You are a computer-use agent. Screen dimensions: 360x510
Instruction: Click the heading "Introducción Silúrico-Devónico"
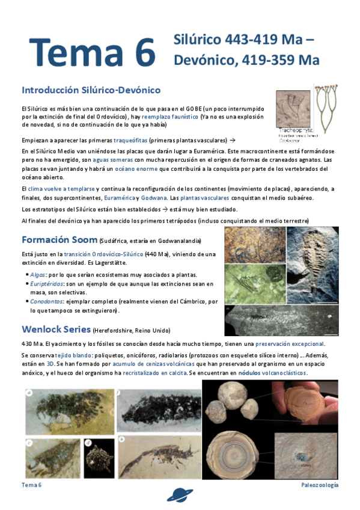(91, 90)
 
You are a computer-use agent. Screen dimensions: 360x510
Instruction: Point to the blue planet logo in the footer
(180, 494)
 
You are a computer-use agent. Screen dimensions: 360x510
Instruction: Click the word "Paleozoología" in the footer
(320, 485)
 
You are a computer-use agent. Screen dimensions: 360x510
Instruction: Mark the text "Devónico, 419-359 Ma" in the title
(246, 60)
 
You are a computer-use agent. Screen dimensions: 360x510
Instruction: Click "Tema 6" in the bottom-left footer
(31, 485)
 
